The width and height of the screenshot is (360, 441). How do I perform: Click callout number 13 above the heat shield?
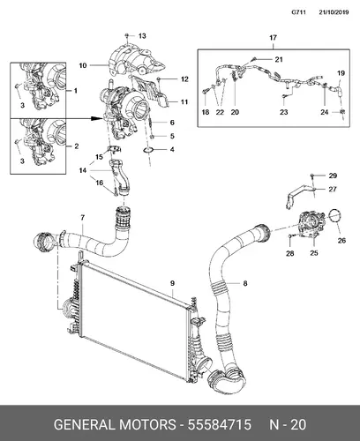[142, 36]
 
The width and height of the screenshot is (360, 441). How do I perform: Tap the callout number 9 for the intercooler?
[172, 283]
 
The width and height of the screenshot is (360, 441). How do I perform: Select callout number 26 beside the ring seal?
[341, 241]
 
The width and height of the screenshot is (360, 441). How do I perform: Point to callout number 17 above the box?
[274, 38]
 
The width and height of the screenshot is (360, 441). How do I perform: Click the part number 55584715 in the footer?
[220, 425]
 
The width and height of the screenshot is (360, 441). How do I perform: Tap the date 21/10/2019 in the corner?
[334, 12]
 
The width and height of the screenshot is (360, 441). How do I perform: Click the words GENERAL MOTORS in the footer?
[115, 425]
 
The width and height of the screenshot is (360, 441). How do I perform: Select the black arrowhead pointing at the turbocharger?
[96, 118]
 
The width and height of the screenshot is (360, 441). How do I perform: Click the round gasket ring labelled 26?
[334, 216]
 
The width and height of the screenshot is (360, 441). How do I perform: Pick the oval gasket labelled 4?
[148, 151]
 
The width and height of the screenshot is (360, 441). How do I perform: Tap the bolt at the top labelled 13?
[127, 35]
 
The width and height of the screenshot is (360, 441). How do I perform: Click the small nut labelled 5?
[152, 137]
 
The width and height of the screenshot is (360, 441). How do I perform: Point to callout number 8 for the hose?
[245, 283]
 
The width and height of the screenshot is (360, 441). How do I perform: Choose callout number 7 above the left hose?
[82, 218]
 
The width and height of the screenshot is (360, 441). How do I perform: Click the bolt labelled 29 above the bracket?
[312, 176]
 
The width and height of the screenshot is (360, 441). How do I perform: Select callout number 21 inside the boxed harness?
[279, 60]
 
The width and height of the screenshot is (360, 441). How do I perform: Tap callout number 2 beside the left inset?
[77, 146]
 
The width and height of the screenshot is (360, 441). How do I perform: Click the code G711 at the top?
[299, 12]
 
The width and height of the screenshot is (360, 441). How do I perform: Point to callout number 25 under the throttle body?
[314, 253]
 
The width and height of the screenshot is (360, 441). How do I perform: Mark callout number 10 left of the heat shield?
[83, 65]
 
